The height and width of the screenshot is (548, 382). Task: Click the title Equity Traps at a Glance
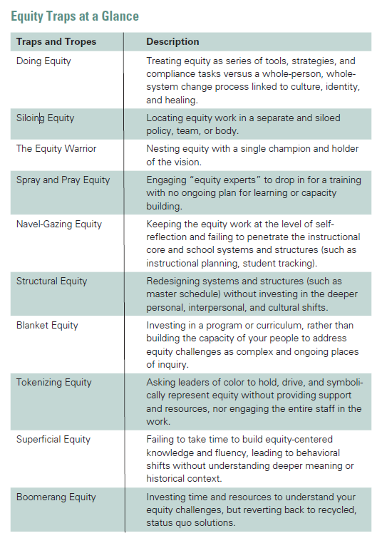pyautogui.click(x=76, y=16)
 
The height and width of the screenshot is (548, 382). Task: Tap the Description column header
pyautogui.click(x=172, y=42)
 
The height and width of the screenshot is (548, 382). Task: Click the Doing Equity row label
pyautogui.click(x=43, y=61)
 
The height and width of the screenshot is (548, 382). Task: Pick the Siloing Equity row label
pyautogui.click(x=45, y=118)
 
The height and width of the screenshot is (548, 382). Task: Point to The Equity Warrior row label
pyautogui.click(x=56, y=148)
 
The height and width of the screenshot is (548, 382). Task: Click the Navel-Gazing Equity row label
pyautogui.click(x=59, y=224)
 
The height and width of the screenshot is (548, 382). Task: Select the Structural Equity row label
pyautogui.click(x=52, y=281)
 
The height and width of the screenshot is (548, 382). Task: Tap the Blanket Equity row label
pyautogui.click(x=48, y=325)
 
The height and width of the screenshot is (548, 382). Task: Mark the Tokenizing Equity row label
pyautogui.click(x=54, y=382)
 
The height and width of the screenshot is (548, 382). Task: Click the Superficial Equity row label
pyautogui.click(x=53, y=439)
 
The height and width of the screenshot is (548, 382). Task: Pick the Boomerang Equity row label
pyautogui.click(x=56, y=496)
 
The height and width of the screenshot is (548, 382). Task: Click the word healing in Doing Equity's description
pyautogui.click(x=180, y=100)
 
